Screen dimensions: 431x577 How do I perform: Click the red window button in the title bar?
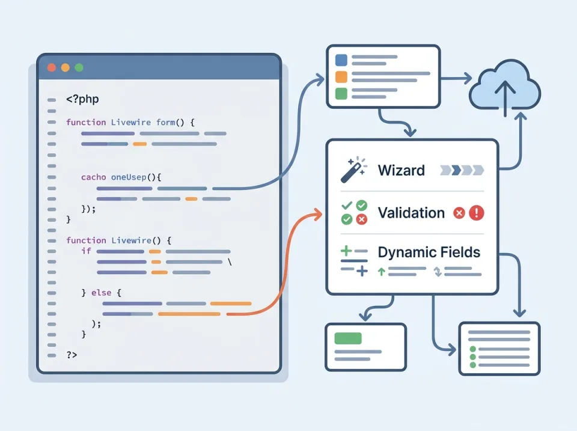point(51,68)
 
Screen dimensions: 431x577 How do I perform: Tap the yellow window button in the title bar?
point(65,68)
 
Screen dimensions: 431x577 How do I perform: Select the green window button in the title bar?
point(79,68)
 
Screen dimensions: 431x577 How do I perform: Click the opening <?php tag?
point(83,99)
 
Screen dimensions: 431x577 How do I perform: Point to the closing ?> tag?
point(72,355)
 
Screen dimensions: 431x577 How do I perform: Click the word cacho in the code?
point(94,177)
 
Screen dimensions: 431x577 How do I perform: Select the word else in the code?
point(102,292)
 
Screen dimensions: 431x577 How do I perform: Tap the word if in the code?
point(86,251)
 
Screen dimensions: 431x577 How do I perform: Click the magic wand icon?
point(353,170)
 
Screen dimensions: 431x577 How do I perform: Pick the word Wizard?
point(401,170)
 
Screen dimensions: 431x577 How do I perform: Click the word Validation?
point(411,213)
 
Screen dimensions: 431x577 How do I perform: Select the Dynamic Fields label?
point(429,252)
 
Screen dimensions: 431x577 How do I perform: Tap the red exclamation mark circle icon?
point(477,213)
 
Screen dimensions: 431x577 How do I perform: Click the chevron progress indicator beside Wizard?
point(462,170)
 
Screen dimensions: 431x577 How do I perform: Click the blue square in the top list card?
point(341,60)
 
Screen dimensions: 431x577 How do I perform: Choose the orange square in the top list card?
point(341,77)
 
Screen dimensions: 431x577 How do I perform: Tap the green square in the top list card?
point(341,94)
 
